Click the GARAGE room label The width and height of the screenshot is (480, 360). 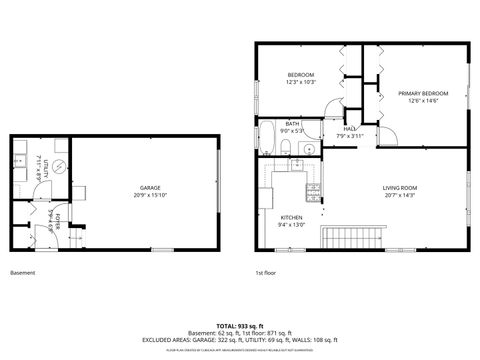(149, 187)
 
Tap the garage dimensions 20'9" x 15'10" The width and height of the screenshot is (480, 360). (149, 195)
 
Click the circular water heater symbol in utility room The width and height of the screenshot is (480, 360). (59, 167)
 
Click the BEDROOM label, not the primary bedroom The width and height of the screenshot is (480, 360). (301, 75)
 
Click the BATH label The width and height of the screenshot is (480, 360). (292, 123)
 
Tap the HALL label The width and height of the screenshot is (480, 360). (350, 128)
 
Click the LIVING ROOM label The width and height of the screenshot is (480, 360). (399, 188)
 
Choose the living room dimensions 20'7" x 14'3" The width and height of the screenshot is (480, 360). (399, 196)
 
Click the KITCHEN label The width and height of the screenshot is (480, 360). (291, 217)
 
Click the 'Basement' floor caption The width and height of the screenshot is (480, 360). (22, 272)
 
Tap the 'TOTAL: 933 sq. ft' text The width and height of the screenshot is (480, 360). (239, 326)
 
